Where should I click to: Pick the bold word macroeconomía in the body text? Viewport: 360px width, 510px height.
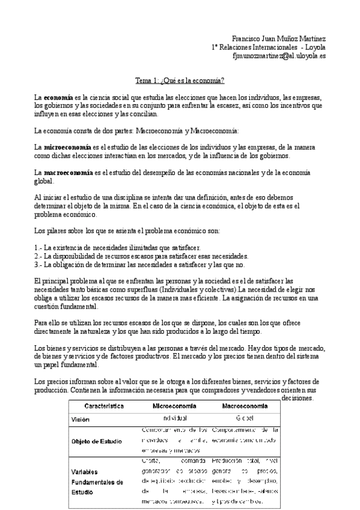68,173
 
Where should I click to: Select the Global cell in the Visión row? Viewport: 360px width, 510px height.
244,417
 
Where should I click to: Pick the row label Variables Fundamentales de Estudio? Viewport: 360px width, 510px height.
96,482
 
